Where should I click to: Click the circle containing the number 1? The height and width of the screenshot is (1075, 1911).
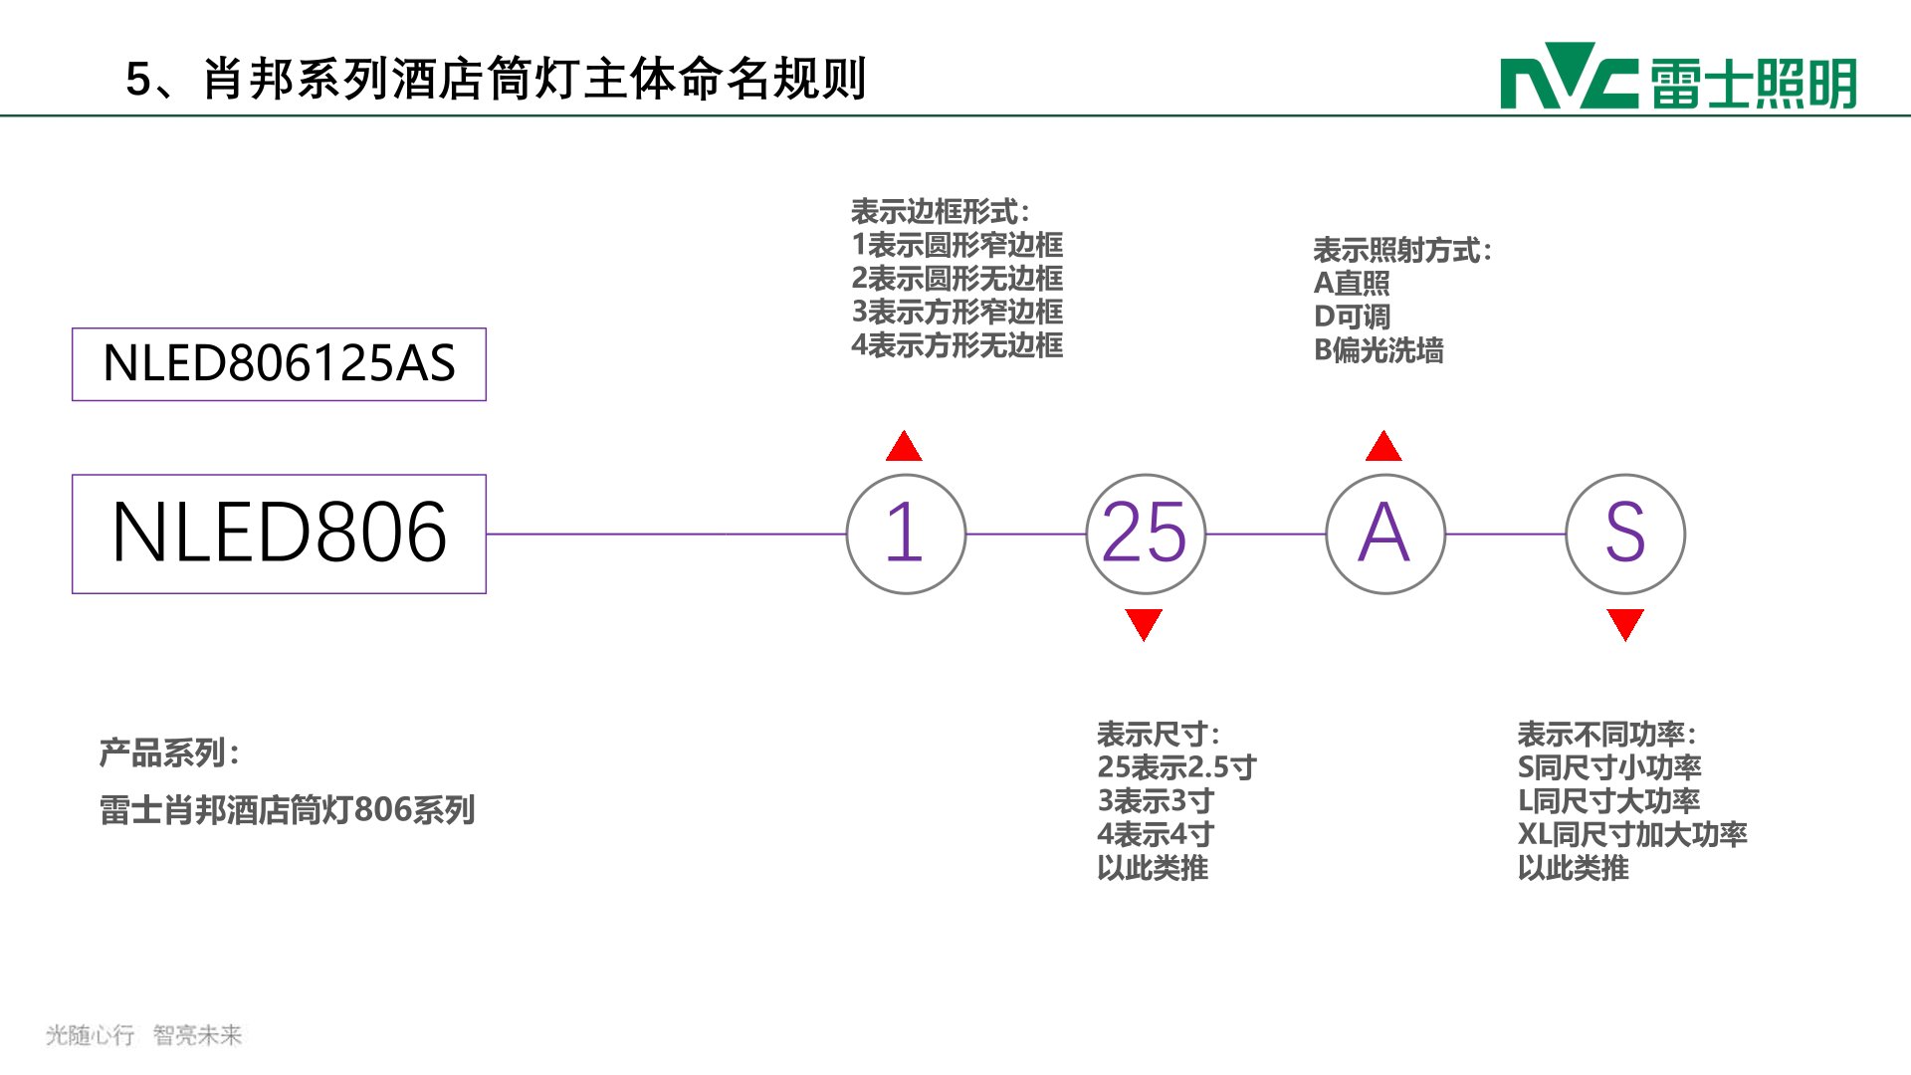pos(906,534)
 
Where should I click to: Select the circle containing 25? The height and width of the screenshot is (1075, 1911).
pos(1146,534)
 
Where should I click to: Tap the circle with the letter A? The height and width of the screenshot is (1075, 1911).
pos(1385,534)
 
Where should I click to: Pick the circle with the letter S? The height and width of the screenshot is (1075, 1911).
pos(1625,534)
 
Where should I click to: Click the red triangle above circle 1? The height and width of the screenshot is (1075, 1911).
pos(904,448)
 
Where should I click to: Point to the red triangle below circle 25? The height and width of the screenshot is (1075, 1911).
pos(1144,623)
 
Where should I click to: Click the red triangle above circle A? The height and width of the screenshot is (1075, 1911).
pos(1383,448)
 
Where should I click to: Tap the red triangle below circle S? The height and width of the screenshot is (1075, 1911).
pos(1625,623)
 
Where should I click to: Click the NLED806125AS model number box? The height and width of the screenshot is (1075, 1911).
pos(279,364)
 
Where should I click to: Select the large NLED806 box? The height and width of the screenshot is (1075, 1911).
pos(279,534)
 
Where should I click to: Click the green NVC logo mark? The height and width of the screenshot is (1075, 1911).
pos(1569,76)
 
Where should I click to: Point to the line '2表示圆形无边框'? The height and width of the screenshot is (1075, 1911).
pos(957,279)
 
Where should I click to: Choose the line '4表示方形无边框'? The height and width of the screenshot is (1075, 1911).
pos(957,345)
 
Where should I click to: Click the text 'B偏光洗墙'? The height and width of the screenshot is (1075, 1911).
pos(1379,350)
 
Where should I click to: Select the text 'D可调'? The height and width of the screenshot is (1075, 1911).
pos(1352,317)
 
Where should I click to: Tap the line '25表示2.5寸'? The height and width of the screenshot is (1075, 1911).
pos(1176,767)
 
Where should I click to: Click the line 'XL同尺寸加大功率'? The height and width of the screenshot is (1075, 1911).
pos(1632,834)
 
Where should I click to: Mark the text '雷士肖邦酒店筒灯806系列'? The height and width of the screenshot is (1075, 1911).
pos(287,810)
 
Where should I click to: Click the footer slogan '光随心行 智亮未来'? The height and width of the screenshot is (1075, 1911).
pos(144,1035)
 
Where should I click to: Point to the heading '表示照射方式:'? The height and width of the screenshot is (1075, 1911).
pos(1402,250)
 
